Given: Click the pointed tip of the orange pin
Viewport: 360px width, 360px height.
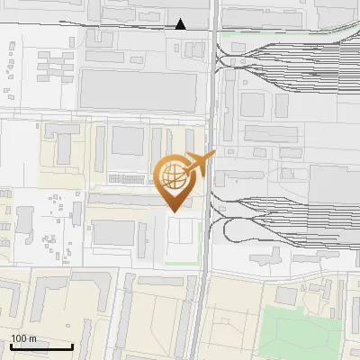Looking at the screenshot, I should (173, 211).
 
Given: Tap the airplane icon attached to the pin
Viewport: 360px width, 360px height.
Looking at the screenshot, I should (199, 165).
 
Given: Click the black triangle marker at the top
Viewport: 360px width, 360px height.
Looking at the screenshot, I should (181, 24).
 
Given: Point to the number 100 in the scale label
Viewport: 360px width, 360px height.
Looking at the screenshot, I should (18, 338).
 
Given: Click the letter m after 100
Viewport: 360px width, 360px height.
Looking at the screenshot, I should (32, 338).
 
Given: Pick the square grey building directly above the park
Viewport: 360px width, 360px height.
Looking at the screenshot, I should (287, 295).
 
